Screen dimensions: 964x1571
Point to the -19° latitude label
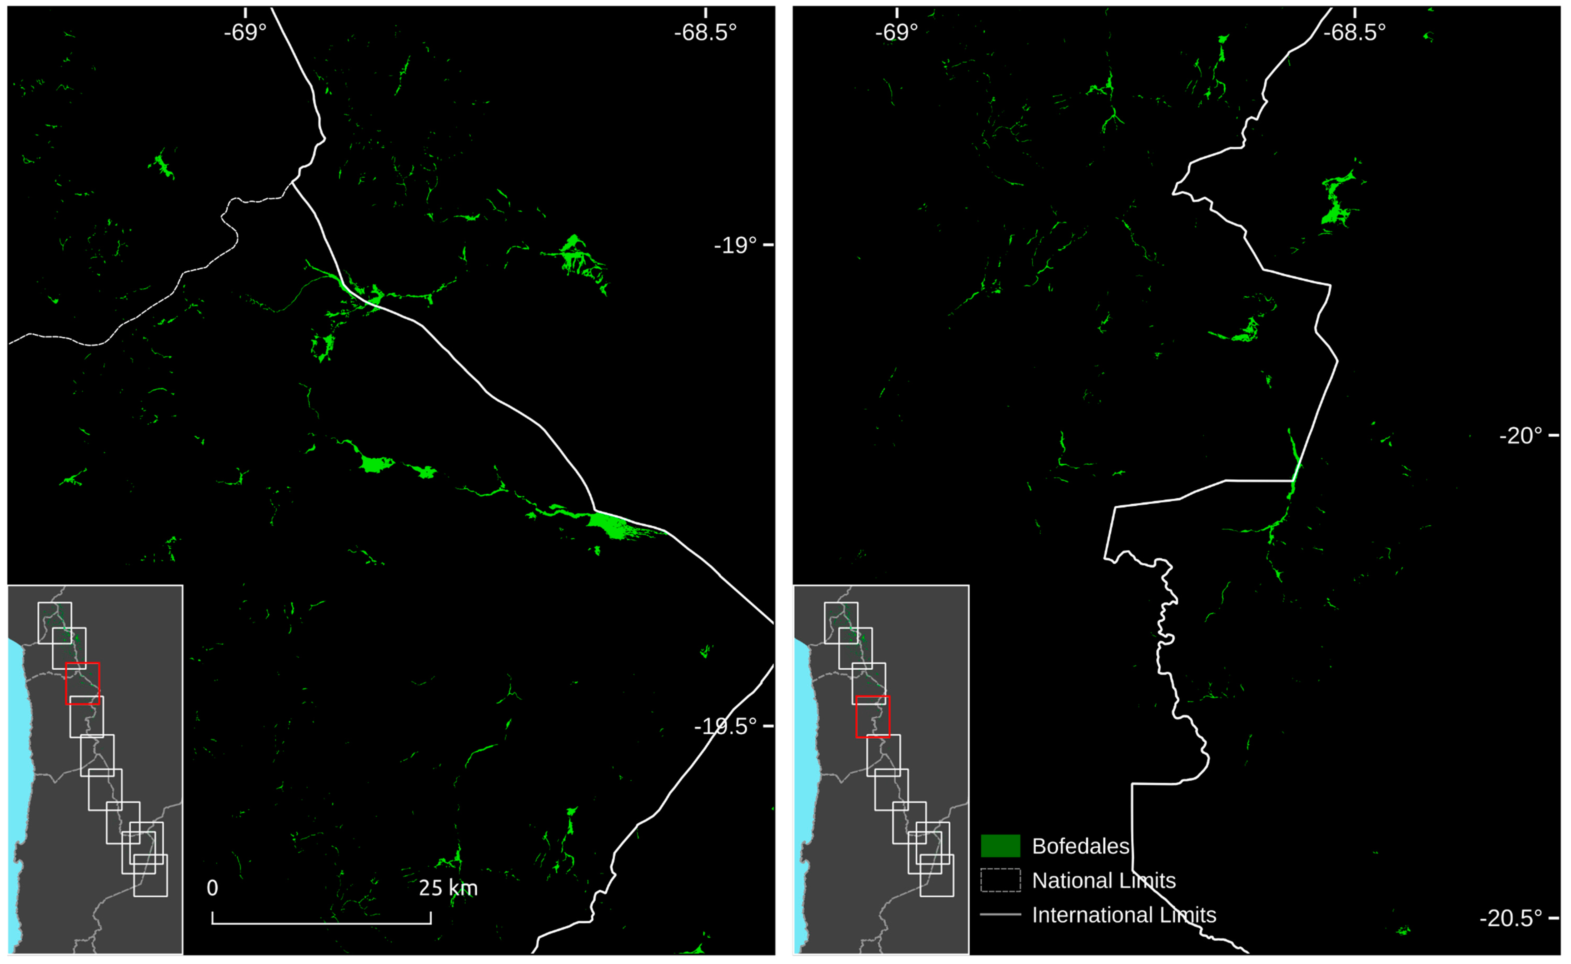tap(735, 245)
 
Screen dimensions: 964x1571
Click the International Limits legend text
tap(1123, 915)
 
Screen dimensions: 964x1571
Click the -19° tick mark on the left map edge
tap(768, 245)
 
